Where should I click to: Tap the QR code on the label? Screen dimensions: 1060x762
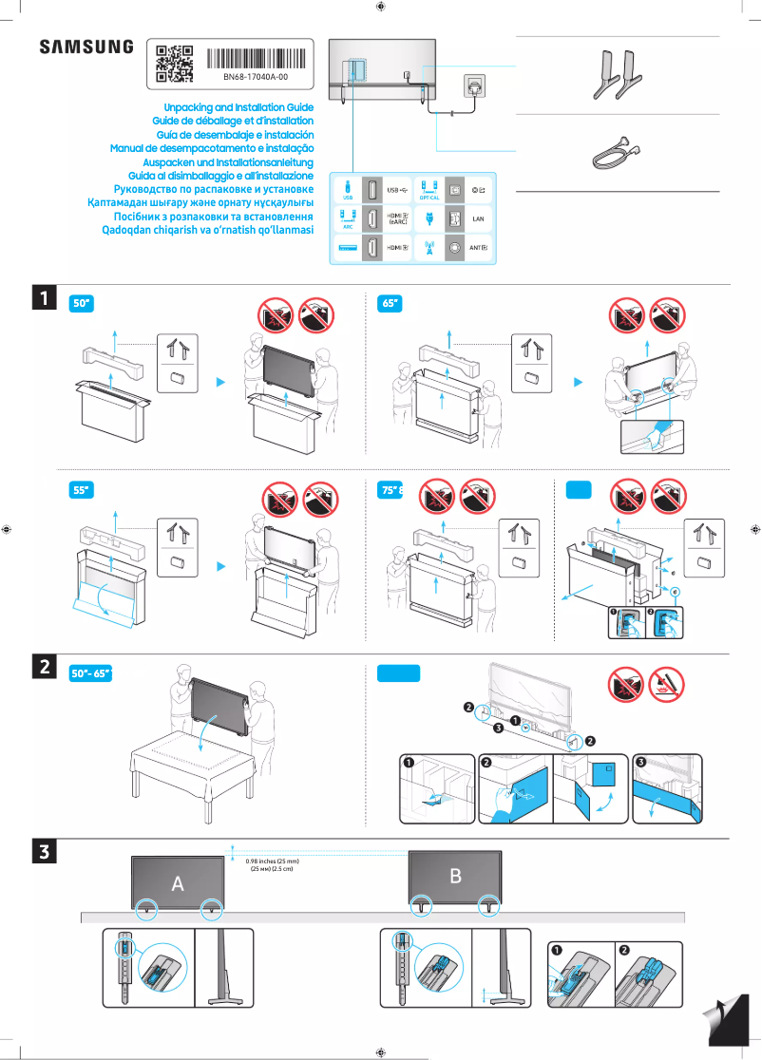(174, 63)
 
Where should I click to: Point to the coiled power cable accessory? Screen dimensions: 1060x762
(614, 151)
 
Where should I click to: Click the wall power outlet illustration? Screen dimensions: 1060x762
(474, 85)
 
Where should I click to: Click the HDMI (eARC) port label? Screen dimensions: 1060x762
(398, 218)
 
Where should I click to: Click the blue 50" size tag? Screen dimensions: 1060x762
(83, 304)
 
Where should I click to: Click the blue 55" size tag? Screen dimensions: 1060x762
(83, 490)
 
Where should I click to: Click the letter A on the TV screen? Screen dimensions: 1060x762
(178, 884)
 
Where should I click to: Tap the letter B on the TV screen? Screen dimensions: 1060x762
(455, 876)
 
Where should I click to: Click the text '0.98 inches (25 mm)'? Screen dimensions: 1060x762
(272, 861)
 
